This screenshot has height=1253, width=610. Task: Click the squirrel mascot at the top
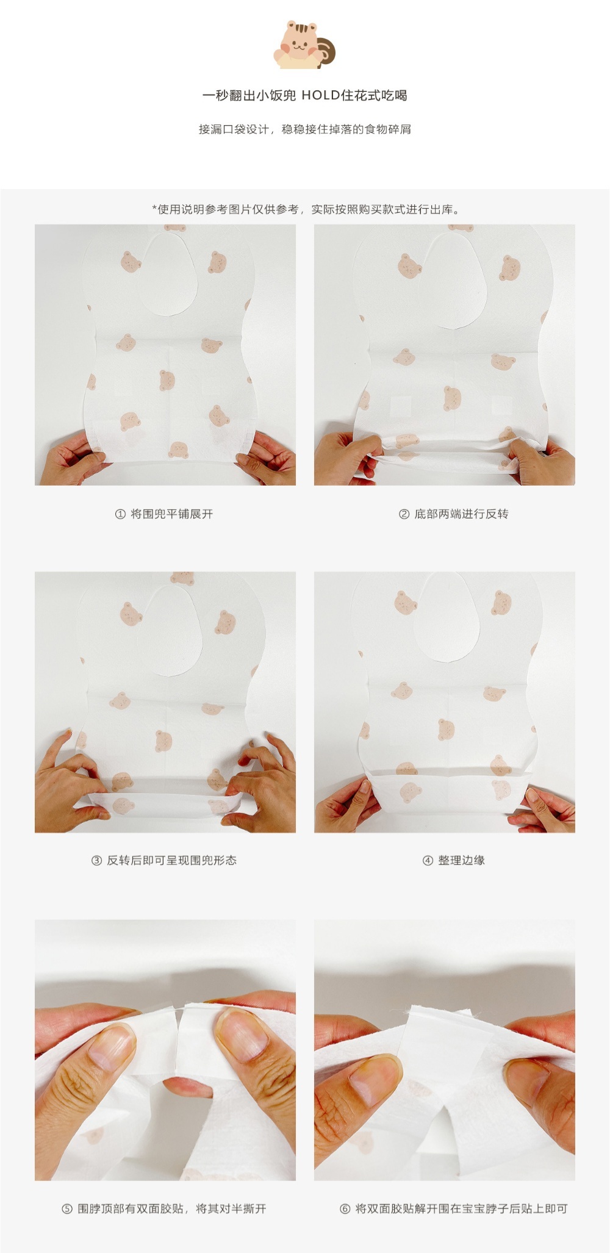click(x=304, y=43)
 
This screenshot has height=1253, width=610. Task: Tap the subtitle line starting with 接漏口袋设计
click(x=304, y=129)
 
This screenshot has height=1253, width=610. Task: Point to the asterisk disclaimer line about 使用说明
click(x=306, y=209)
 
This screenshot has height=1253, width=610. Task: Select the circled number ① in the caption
click(x=120, y=514)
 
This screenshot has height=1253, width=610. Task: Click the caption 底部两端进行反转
click(x=461, y=514)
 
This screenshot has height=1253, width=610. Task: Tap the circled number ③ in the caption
click(x=96, y=861)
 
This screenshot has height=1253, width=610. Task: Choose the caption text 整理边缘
click(x=461, y=861)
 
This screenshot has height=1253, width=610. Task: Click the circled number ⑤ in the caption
click(x=67, y=1208)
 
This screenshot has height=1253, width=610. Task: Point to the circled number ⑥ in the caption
click(x=345, y=1208)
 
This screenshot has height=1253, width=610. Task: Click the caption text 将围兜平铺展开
click(x=172, y=514)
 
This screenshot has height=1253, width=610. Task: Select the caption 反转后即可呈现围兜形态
click(x=172, y=861)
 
